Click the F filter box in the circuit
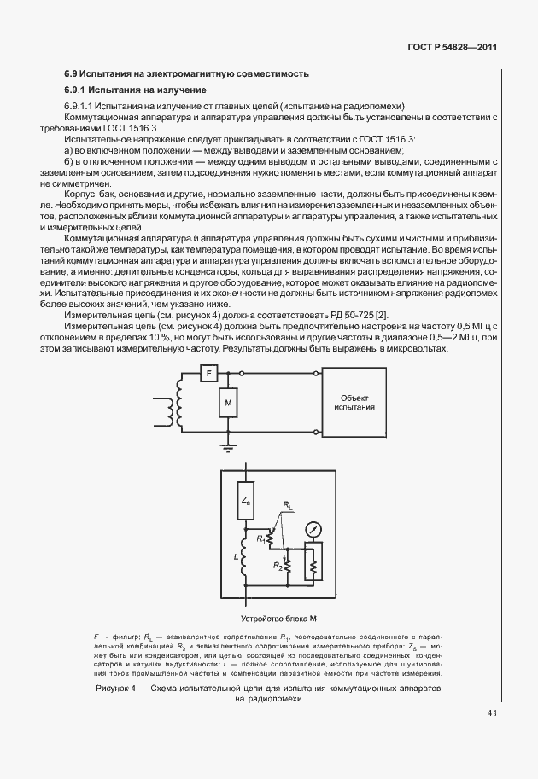point(209,373)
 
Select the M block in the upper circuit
point(227,401)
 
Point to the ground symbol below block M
point(227,445)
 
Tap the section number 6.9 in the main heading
point(72,74)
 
